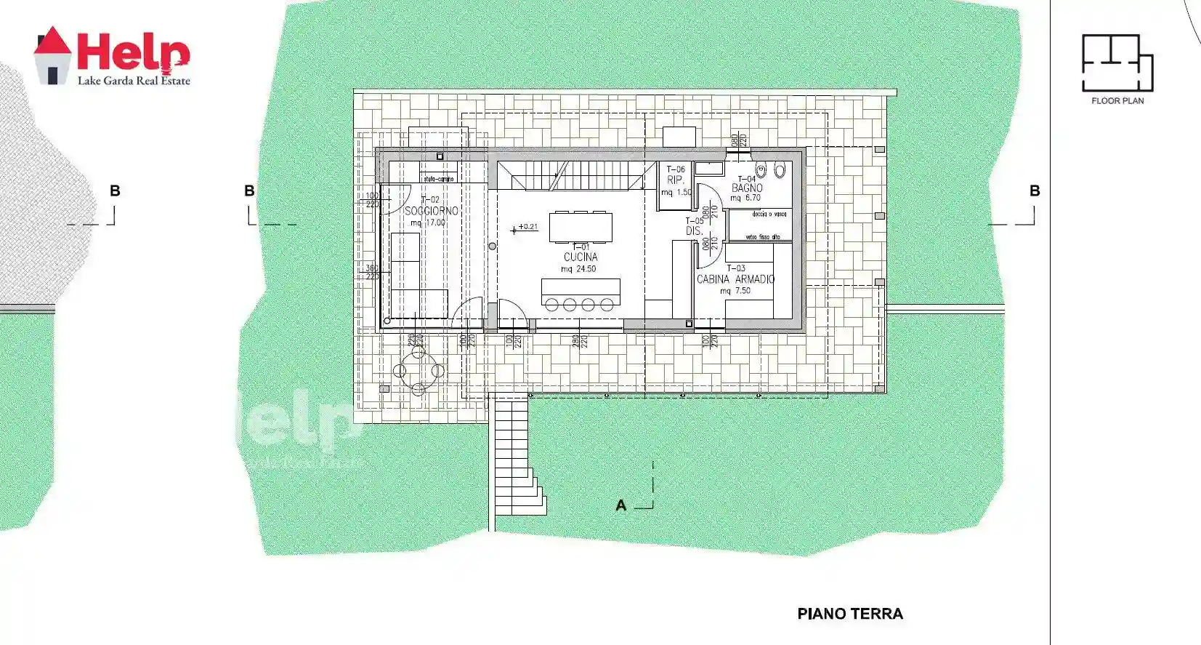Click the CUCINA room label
(x=581, y=257)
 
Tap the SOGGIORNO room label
(x=432, y=211)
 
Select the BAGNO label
(x=747, y=188)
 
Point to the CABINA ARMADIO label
(x=735, y=279)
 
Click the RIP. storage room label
(x=676, y=180)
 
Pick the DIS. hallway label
(x=695, y=231)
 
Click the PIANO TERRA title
(x=850, y=614)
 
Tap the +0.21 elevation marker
(x=527, y=227)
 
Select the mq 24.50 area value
(x=578, y=269)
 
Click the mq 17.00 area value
(x=428, y=223)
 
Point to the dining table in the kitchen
(x=581, y=227)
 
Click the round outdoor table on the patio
(x=418, y=371)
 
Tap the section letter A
(x=620, y=505)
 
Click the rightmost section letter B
(x=1035, y=191)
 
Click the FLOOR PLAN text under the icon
(x=1117, y=101)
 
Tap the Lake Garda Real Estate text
(x=134, y=81)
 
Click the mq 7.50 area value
(x=735, y=291)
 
